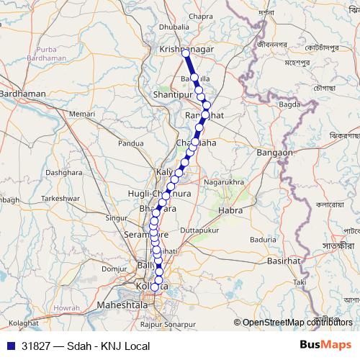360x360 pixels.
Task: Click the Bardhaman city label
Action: tap(23, 94)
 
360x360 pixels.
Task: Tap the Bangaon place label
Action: tap(274, 153)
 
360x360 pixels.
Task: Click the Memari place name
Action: tap(83, 114)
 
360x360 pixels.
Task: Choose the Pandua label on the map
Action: tap(132, 143)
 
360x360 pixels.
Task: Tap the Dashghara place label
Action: tap(64, 173)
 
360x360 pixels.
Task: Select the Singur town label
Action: tap(116, 217)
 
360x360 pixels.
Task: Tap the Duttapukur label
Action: tap(198, 230)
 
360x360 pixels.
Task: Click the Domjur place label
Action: tap(114, 268)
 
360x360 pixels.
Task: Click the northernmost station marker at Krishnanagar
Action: tap(186, 53)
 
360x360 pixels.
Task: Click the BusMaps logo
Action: tap(325, 345)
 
